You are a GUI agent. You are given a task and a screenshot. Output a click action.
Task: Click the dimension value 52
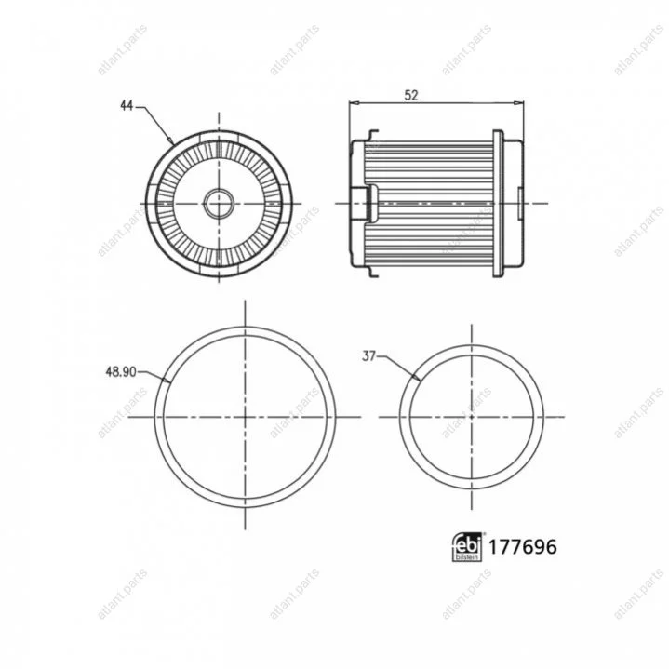click(411, 96)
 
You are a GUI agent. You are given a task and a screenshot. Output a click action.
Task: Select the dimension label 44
click(127, 106)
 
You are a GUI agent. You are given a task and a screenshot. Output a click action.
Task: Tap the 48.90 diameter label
click(121, 372)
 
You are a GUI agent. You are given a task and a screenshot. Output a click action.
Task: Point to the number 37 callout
click(368, 355)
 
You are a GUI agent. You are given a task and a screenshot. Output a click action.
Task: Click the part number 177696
click(522, 547)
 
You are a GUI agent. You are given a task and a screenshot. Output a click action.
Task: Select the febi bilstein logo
click(467, 546)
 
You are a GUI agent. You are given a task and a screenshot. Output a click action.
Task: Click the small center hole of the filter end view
click(219, 204)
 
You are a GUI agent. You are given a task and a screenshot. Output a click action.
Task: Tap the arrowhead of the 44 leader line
click(170, 140)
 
